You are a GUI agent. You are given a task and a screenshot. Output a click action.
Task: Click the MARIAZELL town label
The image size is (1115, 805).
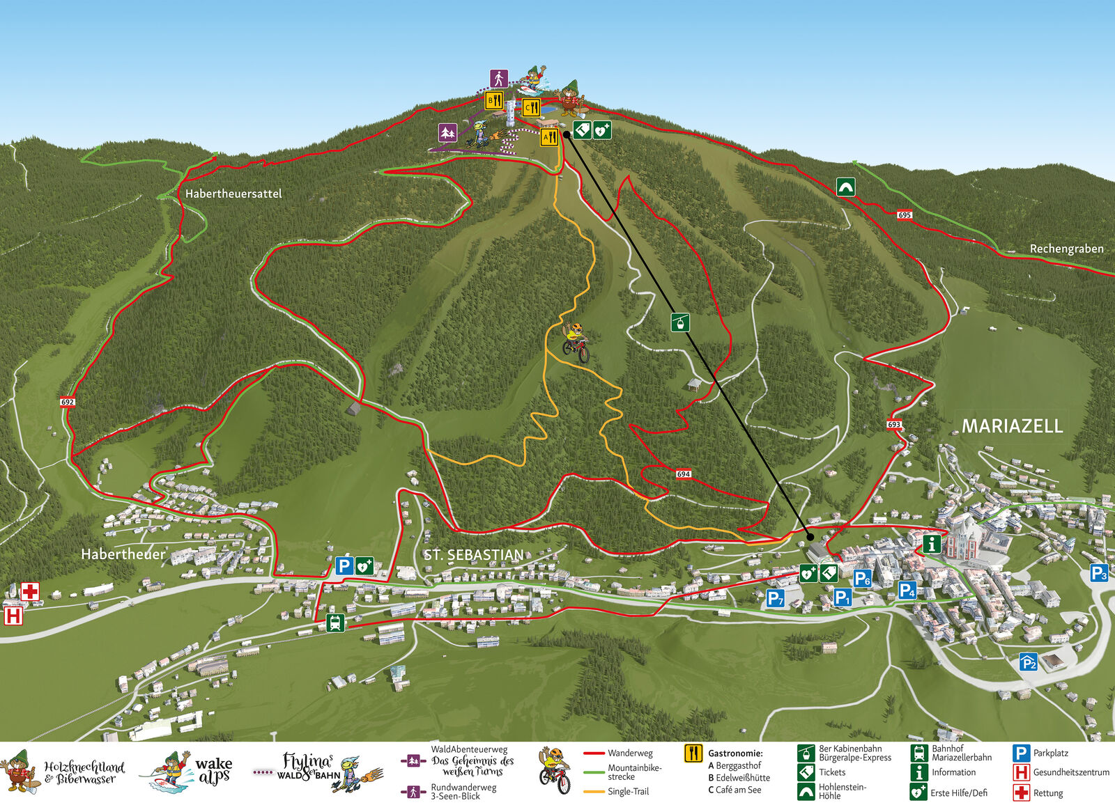(1012, 426)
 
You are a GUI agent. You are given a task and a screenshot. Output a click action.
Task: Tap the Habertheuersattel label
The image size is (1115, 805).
(233, 194)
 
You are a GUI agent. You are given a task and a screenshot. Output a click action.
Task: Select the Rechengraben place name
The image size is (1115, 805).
(1066, 249)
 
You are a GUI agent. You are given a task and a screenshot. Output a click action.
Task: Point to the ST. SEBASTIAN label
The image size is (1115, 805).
(474, 555)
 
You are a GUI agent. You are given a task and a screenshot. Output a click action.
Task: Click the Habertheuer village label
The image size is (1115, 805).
(123, 554)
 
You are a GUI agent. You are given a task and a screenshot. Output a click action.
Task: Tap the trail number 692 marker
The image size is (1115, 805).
(67, 402)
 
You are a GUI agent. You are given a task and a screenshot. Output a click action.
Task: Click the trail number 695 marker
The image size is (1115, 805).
(904, 214)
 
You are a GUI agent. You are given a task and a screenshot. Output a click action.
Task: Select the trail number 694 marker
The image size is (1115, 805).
(683, 474)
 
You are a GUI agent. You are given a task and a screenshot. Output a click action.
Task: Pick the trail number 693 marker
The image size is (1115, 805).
(894, 424)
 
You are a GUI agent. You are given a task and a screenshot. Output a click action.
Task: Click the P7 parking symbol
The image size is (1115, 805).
(775, 597)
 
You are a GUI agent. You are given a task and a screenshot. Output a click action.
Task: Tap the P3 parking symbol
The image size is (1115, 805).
(1098, 573)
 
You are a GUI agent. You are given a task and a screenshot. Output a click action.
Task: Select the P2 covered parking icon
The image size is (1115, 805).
(1029, 662)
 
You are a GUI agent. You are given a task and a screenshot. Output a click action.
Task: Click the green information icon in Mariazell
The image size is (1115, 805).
(932, 543)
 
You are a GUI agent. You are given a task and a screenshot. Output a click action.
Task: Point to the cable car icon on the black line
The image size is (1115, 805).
(680, 322)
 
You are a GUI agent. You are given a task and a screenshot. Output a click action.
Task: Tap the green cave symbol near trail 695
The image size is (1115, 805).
(845, 187)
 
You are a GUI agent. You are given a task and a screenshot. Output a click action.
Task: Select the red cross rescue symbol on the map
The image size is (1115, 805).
(30, 592)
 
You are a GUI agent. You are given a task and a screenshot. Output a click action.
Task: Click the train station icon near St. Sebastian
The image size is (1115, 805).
(335, 623)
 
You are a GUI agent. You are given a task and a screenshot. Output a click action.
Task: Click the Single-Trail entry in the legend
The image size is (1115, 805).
(627, 791)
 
